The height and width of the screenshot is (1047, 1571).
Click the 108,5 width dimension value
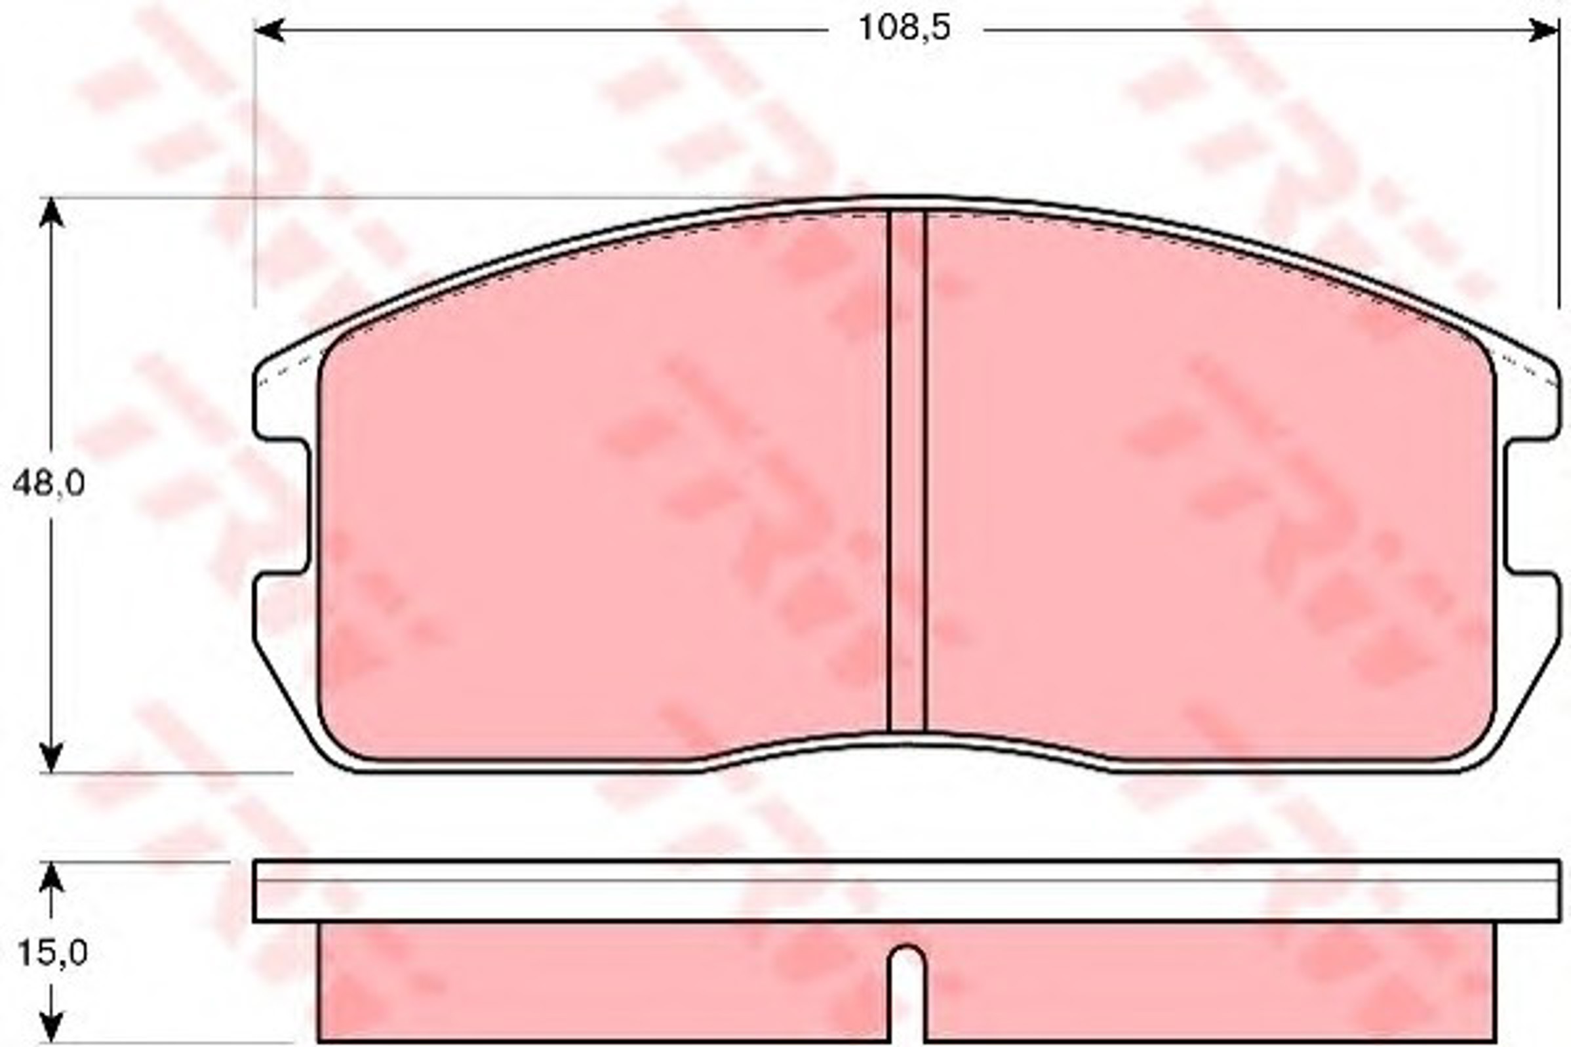(x=904, y=29)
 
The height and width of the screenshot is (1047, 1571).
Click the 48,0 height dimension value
(x=49, y=483)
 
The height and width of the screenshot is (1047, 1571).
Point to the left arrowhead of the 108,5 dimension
(x=270, y=30)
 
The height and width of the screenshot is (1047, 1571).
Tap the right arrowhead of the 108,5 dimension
(x=1544, y=30)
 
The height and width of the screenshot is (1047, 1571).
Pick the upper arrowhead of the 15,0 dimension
(x=51, y=876)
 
